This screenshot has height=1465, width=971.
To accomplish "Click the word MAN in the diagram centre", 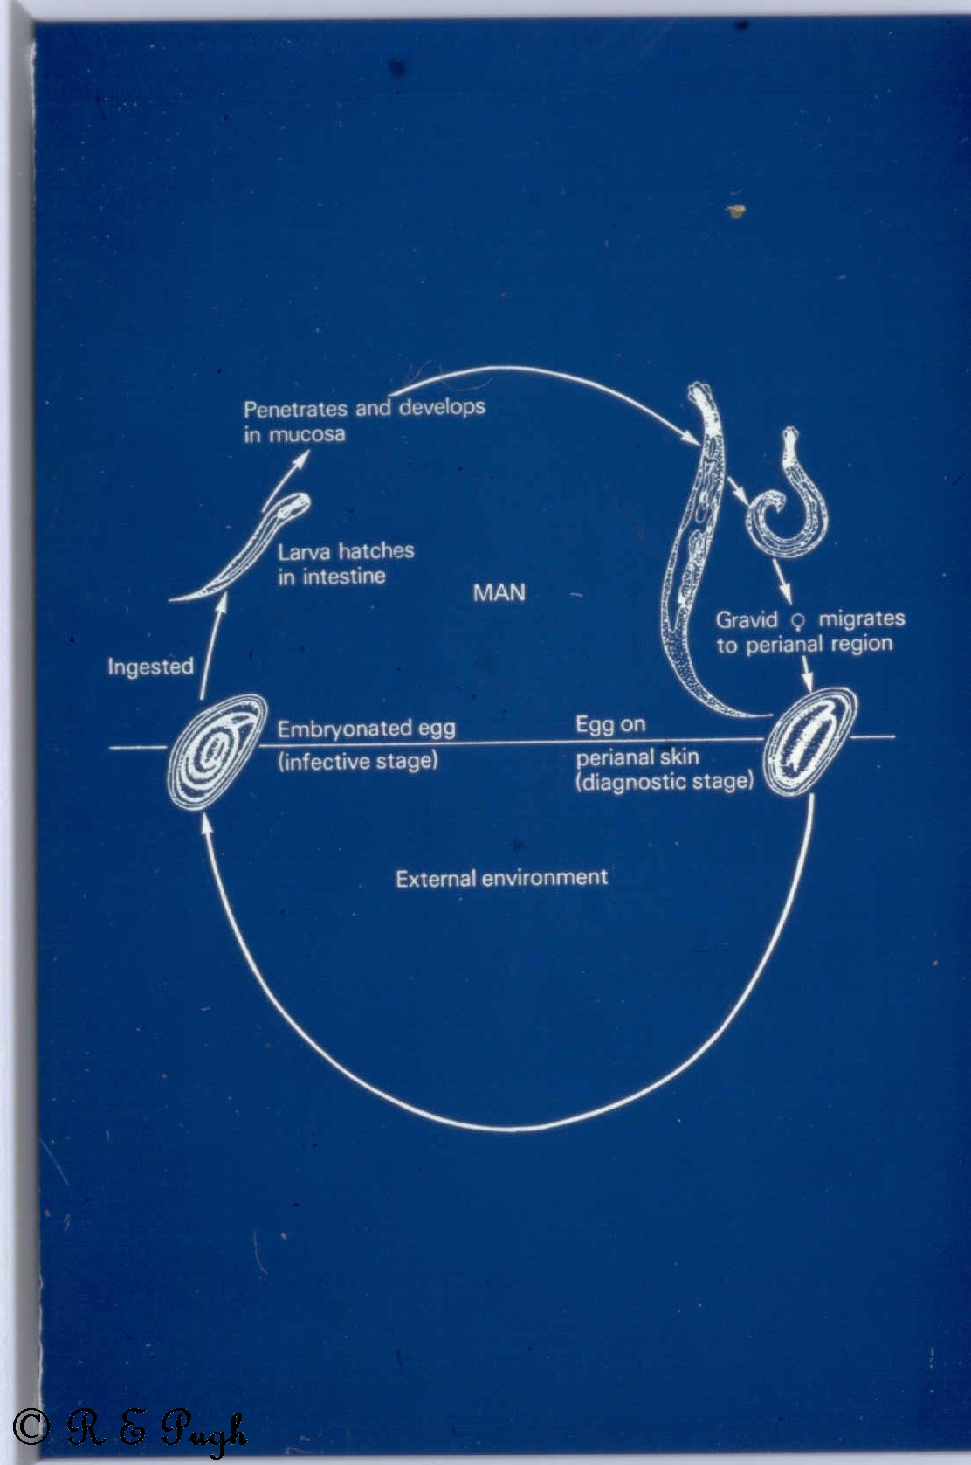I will pos(499,593).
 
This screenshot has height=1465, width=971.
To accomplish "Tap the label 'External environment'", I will pos(501,878).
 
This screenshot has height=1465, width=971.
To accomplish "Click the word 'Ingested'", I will pos(150,667).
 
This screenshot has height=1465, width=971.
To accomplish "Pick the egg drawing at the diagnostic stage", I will pos(808,743).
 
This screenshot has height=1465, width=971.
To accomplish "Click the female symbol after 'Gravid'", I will pos(797,621).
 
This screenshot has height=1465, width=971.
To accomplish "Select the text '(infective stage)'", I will pos(358,761).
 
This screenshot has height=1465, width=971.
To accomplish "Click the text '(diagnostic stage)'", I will pos(664,781).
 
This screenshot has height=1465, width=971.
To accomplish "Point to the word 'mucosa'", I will pos(306,434).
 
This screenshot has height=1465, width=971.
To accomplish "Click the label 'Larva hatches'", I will pos(346,551).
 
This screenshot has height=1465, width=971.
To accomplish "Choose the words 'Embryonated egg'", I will pos(366,729).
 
